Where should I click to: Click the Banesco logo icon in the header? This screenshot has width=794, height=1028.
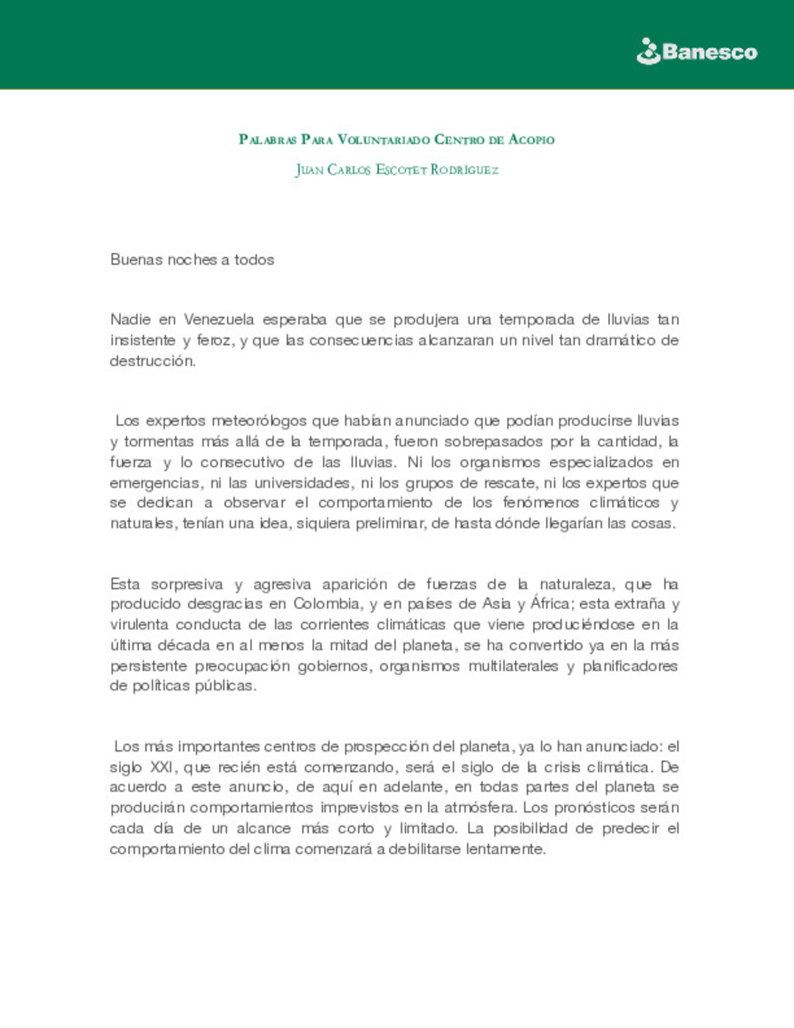coord(648,51)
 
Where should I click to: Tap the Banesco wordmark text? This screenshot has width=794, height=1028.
coord(709,52)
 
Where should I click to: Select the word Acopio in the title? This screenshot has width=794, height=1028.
coord(531,140)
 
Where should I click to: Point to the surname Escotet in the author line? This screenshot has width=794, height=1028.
coord(401,170)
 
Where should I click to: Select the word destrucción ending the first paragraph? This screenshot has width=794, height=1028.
coord(152,361)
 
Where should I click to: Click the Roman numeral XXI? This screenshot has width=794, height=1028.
coord(161,768)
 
